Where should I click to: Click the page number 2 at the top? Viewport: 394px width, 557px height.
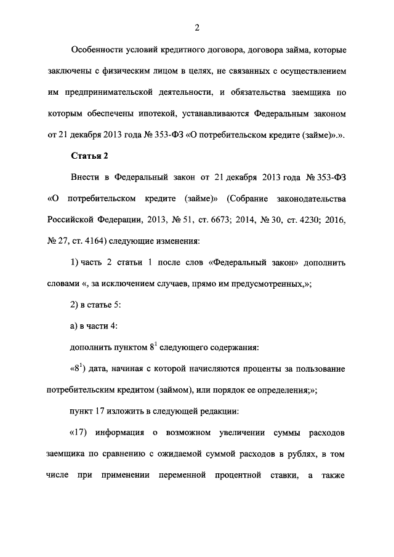196,27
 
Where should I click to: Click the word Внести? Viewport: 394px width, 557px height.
85,178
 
